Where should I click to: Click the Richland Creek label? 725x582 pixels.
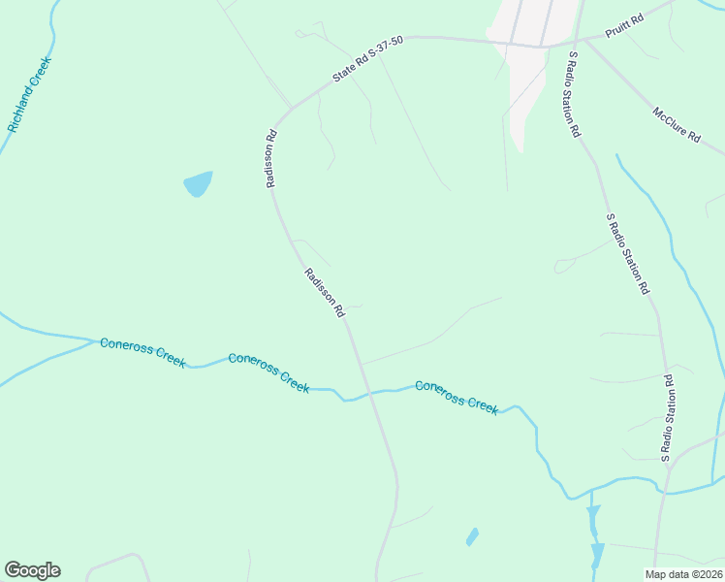pyautogui.click(x=29, y=94)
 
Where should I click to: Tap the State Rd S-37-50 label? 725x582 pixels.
pyautogui.click(x=367, y=60)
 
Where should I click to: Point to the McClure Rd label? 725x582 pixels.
pyautogui.click(x=677, y=125)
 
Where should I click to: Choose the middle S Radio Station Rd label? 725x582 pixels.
pyautogui.click(x=626, y=254)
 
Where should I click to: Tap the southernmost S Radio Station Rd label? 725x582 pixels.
pyautogui.click(x=667, y=417)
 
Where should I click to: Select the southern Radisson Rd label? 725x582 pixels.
pyautogui.click(x=325, y=293)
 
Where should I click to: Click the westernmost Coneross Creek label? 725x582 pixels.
pyautogui.click(x=142, y=353)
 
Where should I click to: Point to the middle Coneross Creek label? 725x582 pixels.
pyautogui.click(x=268, y=372)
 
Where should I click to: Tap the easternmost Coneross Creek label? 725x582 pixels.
pyautogui.click(x=457, y=398)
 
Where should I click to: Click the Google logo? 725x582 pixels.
pyautogui.click(x=32, y=570)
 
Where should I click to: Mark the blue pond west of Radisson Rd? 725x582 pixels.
pyautogui.click(x=198, y=183)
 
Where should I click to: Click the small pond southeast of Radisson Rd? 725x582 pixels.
pyautogui.click(x=472, y=536)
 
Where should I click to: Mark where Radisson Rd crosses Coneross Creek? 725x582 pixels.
pyautogui.click(x=367, y=394)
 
